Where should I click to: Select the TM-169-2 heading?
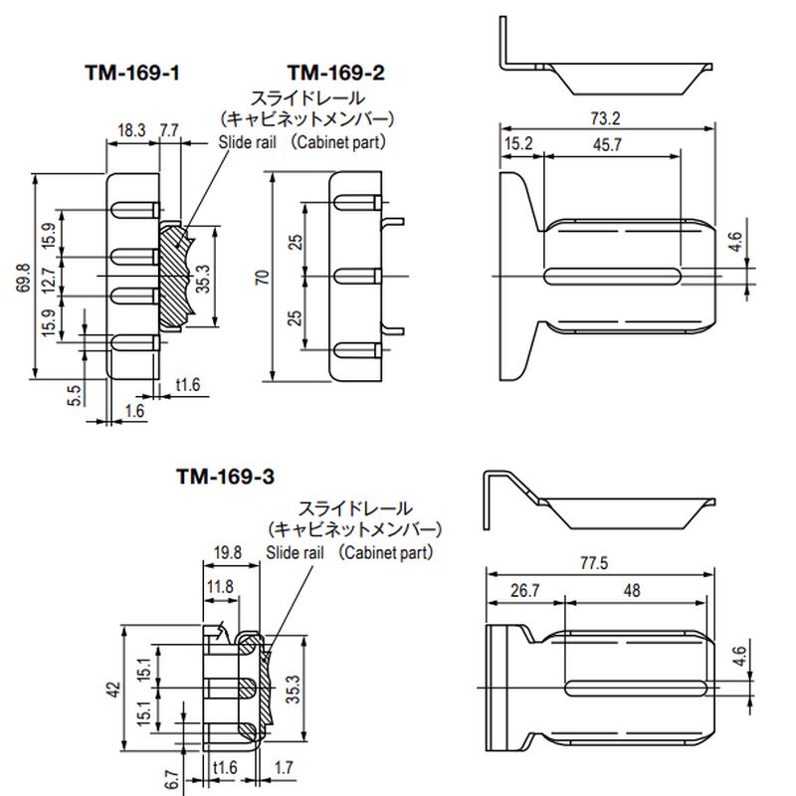335,73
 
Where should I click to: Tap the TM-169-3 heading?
224,477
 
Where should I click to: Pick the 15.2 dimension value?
518,144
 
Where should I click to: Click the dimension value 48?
631,590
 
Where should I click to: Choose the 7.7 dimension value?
169,130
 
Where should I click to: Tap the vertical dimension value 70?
262,278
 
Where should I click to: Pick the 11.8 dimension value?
220,587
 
